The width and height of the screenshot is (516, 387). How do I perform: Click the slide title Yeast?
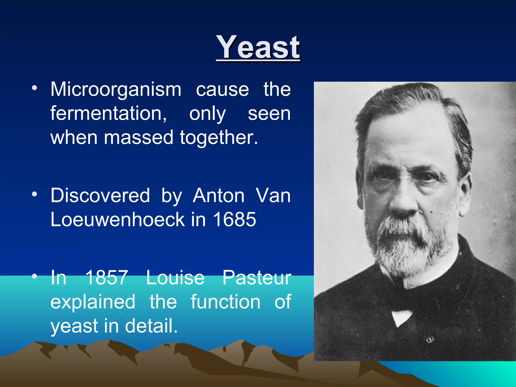coord(258,47)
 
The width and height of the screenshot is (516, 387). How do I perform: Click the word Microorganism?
coord(116,89)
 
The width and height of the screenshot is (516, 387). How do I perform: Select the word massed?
coord(139,138)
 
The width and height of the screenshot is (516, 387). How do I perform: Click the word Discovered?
coord(100,196)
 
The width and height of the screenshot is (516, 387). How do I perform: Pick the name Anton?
coord(218,196)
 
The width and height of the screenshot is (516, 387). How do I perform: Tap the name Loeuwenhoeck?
coord(118,219)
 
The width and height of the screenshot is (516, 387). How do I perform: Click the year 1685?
coord(235,219)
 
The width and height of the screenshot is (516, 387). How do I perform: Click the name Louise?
coord(175,278)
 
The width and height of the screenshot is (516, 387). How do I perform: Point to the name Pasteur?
coord(257,278)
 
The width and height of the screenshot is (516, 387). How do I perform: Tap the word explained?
coord(93,302)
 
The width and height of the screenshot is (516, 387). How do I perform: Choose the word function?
coord(225,302)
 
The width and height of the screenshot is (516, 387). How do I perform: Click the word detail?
coord(151,326)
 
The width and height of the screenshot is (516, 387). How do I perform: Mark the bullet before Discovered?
coord(35,194)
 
